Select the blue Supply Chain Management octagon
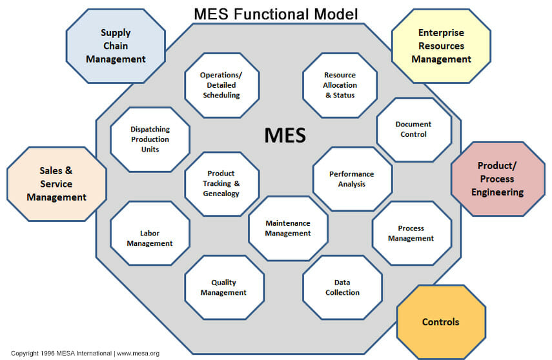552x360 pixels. coord(115,46)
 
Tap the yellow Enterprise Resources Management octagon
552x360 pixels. coord(441,46)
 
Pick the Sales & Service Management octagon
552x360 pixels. coord(56,184)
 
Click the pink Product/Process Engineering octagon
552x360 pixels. coord(497,179)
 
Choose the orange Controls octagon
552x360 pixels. coord(440,322)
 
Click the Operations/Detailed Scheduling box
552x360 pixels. coord(221,85)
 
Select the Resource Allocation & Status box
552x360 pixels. coord(340,85)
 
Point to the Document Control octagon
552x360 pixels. coord(413,130)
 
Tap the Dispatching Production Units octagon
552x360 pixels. coord(150,139)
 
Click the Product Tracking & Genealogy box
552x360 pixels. coord(221,183)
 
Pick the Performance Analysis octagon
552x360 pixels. coord(351,179)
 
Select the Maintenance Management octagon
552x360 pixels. coord(288,228)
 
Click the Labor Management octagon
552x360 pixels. coord(150,238)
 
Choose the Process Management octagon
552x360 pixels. coord(411,233)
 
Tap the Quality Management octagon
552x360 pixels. coord(223,287)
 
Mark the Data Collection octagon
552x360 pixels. coord(342,287)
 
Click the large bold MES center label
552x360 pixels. coord(285,135)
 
